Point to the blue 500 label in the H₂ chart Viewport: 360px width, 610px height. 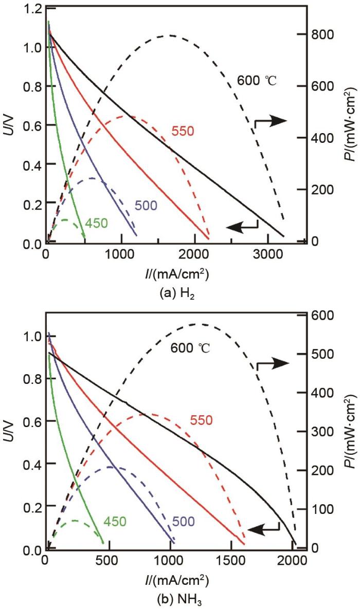click(x=146, y=205)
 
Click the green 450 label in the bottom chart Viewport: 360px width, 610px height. click(x=115, y=520)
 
